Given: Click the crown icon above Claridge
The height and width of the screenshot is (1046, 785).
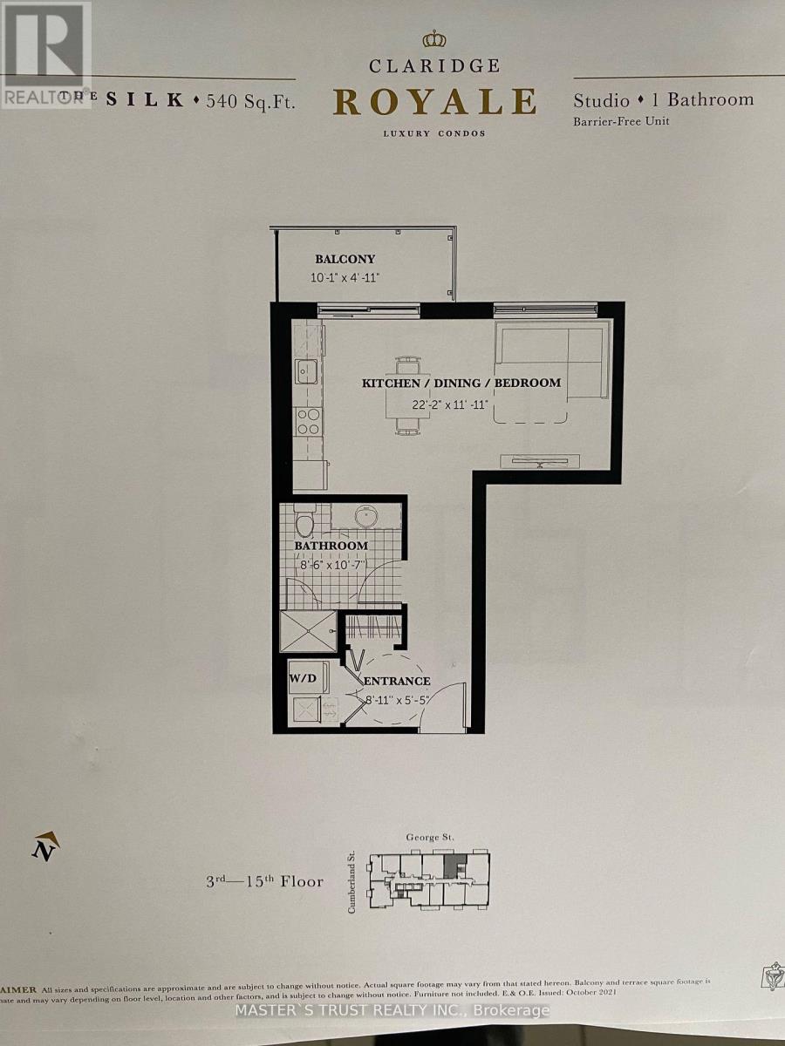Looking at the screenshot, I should pyautogui.click(x=433, y=39).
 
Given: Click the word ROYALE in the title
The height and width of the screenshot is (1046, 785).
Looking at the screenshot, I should pyautogui.click(x=433, y=102).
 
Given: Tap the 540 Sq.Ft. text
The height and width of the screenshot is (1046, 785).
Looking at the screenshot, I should pyautogui.click(x=250, y=100).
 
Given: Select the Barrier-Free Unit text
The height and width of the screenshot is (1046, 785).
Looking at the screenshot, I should pyautogui.click(x=620, y=121).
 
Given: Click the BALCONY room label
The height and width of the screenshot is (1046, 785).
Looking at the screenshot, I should pyautogui.click(x=345, y=259).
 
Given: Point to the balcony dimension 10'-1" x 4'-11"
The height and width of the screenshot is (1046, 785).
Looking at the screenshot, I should pyautogui.click(x=345, y=278).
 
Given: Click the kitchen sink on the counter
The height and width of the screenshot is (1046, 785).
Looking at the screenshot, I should pyautogui.click(x=305, y=371).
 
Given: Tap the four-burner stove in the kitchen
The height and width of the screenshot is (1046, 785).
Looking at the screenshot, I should pyautogui.click(x=308, y=421).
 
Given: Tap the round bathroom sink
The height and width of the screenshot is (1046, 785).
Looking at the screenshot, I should pyautogui.click(x=377, y=517).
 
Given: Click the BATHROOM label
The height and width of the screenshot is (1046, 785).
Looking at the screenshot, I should pyautogui.click(x=331, y=546).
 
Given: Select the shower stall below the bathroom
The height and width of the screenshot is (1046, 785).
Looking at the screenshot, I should pyautogui.click(x=308, y=631).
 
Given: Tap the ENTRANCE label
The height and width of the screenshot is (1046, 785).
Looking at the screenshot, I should pyautogui.click(x=397, y=681).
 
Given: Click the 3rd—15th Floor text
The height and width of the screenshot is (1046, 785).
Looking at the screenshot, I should pyautogui.click(x=264, y=881).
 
